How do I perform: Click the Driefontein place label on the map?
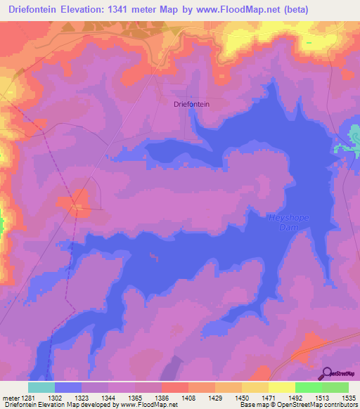pos(192,104)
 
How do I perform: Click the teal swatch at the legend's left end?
pos(41,387)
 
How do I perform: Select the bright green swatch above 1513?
pos(308,387)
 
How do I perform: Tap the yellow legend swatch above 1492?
pos(281,387)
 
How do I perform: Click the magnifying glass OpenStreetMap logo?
pos(326,372)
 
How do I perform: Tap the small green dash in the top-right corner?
pos(308,43)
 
